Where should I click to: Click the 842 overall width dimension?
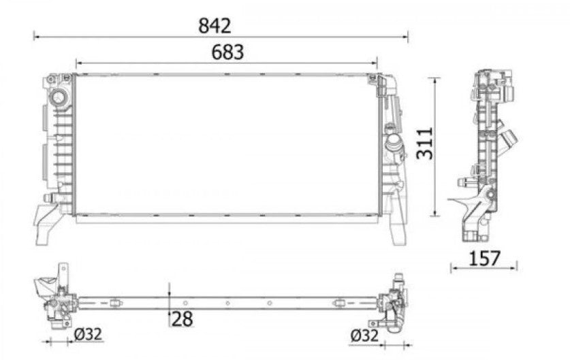coord(215,26)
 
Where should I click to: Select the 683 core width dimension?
coord(227,52)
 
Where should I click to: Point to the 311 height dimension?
coord(424,143)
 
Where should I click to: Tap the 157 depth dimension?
coord(485,259)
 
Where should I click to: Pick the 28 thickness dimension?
coord(182,319)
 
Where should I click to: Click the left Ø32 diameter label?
coord(88,334)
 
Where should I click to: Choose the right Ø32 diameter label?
coord(364,336)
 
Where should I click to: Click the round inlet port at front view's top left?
coord(58,97)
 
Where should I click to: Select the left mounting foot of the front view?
coord(46,225)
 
